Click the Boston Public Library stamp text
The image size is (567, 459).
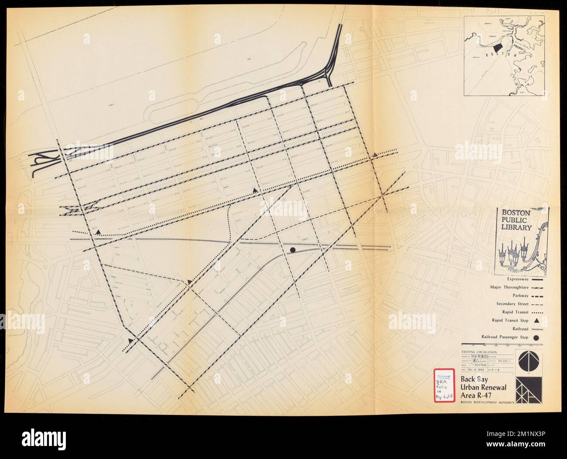click(x=515, y=221)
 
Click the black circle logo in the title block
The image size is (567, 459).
click(x=527, y=360)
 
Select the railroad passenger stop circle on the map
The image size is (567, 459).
click(x=293, y=250)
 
